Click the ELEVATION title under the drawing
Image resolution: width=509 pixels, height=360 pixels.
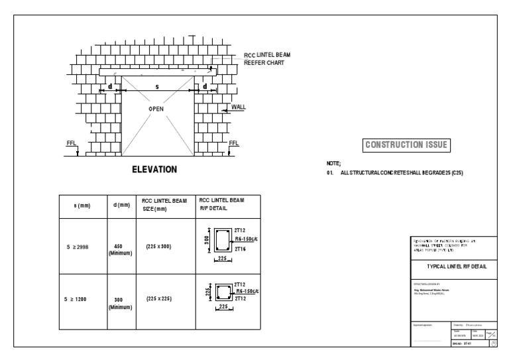154,170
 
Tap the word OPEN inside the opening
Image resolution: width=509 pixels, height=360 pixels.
156,109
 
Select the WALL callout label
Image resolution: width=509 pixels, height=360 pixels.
239,107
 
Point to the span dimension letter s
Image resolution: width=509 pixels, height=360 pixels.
157,86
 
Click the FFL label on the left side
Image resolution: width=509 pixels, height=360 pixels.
71,143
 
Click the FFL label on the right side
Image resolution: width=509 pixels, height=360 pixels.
233,143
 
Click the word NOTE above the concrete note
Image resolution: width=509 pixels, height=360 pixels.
333,163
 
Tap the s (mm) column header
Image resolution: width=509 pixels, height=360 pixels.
82,206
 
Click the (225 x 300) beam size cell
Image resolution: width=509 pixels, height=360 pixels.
159,247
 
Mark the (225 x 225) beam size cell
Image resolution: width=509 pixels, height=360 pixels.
159,299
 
